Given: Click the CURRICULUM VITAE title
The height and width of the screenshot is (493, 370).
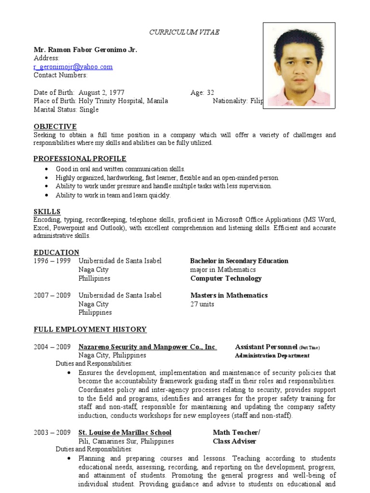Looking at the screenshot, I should [185, 32].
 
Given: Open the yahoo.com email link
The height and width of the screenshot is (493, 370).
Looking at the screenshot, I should [73, 67].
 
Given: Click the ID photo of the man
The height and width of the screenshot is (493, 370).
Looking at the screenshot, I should [299, 64].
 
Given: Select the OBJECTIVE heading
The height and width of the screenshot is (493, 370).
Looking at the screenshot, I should [55, 127].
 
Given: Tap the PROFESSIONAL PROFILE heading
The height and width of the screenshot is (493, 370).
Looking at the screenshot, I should [79, 159].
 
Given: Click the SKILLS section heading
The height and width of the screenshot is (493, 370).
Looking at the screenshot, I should [47, 211].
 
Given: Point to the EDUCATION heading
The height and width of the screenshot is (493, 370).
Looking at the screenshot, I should [56, 252].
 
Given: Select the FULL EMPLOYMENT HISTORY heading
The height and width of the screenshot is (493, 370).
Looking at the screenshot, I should [90, 329].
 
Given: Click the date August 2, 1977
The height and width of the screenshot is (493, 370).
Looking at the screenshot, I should [102, 92].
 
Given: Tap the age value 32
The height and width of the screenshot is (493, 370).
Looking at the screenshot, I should [210, 92].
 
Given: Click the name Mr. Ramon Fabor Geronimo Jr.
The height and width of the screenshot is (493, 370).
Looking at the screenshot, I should [85, 50].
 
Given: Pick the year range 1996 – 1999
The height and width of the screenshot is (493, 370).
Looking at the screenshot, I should [52, 261].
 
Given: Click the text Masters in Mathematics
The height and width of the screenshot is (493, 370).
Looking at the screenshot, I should [229, 295].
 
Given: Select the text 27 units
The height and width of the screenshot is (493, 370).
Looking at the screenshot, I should [202, 304].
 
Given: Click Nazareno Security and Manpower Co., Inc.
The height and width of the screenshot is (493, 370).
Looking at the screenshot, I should [147, 347].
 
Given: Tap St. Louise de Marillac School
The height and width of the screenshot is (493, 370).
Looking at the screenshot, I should [125, 432].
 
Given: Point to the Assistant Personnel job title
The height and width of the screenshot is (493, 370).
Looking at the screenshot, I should [266, 347].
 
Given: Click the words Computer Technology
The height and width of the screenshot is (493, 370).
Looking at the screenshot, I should [226, 278].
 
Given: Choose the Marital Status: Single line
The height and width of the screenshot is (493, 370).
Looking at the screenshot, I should [66, 110].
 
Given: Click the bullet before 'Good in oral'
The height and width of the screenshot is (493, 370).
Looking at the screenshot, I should [46, 169].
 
